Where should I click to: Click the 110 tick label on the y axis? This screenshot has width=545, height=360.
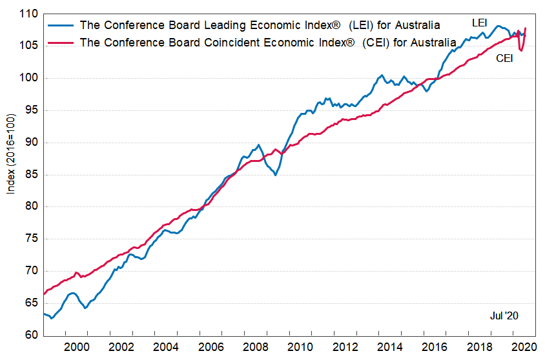(x=30, y=14)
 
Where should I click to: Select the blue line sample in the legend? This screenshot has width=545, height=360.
(x=59, y=25)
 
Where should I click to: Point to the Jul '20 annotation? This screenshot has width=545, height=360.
(x=504, y=315)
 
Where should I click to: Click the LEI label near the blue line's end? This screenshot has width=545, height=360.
(x=480, y=23)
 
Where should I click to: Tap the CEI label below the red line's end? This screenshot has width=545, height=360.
(x=505, y=59)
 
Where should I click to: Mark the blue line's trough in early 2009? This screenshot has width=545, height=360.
(x=276, y=175)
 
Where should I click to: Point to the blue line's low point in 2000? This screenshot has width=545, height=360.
(x=85, y=308)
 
